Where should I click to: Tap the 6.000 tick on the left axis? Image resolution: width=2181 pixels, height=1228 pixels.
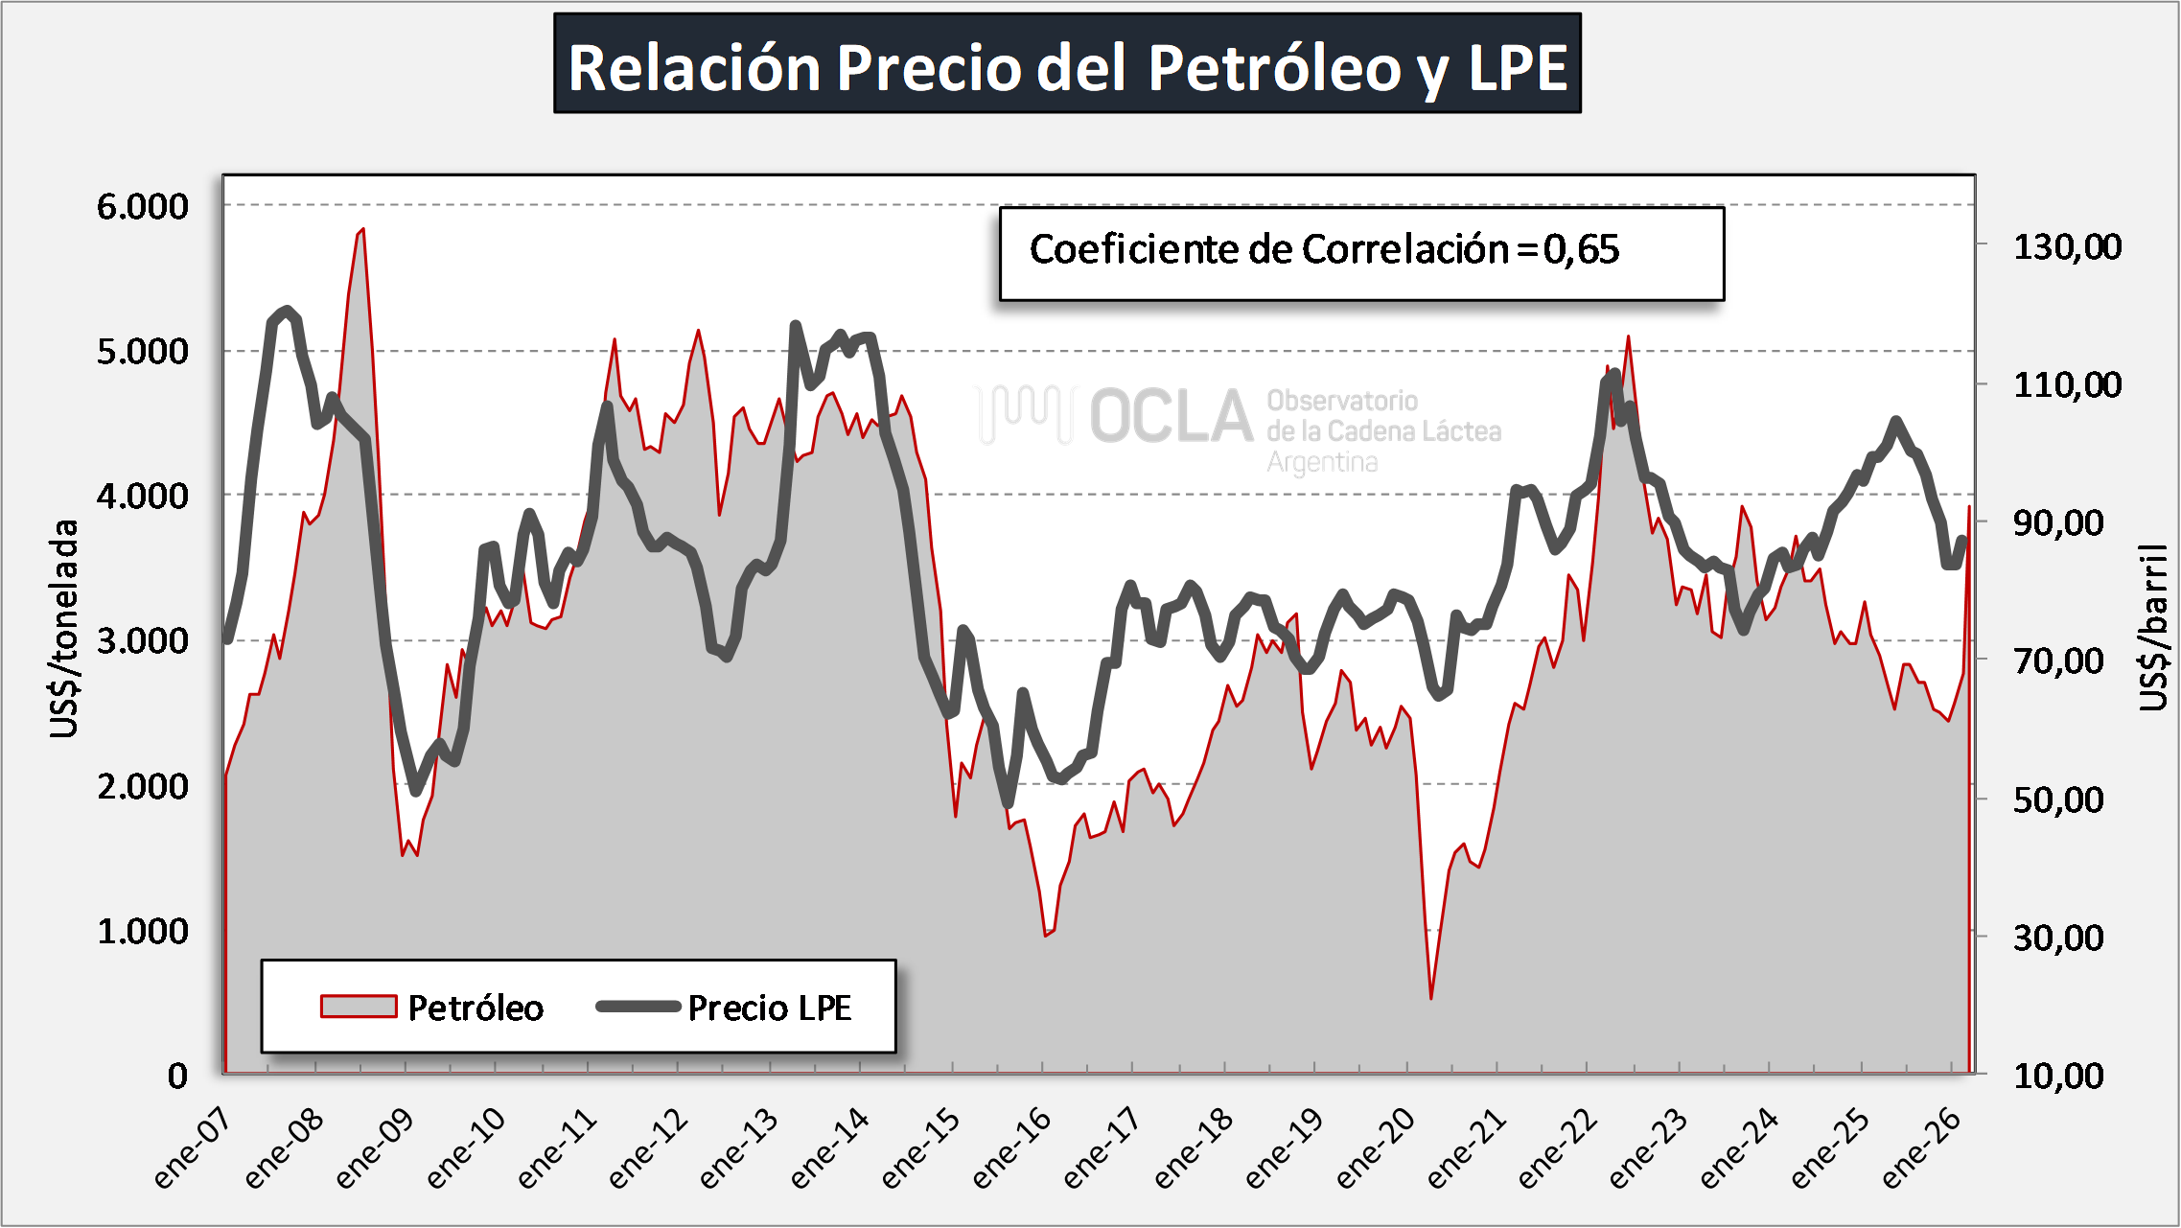(143, 206)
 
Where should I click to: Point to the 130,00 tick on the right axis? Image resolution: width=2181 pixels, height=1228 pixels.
(2067, 247)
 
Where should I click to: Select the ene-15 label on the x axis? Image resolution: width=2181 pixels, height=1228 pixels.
(920, 1148)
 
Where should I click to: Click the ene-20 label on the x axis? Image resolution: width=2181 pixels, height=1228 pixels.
(1376, 1148)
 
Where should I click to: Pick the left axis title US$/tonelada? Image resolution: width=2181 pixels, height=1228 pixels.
(63, 629)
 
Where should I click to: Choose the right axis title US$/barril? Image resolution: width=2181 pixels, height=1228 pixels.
(2153, 629)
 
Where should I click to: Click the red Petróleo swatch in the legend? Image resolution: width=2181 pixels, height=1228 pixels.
(359, 1007)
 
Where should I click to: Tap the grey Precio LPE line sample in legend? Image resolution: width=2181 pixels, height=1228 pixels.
(638, 1007)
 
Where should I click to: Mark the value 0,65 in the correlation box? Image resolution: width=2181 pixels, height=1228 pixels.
(1582, 250)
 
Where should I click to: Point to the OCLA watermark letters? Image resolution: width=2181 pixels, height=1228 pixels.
(1171, 418)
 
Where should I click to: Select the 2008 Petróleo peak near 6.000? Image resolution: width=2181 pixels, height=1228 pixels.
(362, 229)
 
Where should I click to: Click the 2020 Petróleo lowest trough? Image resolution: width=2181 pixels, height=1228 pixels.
(1431, 998)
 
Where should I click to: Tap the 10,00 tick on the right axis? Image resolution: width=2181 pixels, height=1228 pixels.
(2058, 1076)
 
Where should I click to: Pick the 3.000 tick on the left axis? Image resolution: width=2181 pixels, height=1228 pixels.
(143, 641)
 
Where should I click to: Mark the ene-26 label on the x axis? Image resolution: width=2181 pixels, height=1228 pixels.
(1921, 1148)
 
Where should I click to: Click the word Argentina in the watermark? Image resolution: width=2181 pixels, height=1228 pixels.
(1322, 463)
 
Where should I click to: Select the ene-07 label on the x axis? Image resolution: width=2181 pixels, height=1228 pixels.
(193, 1148)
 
